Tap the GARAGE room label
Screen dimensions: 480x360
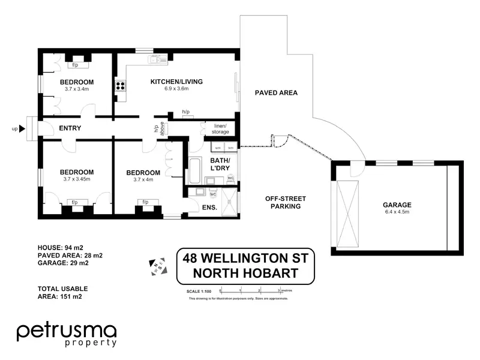397,205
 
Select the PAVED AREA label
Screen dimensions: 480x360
276,93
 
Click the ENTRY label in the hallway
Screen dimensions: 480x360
70,128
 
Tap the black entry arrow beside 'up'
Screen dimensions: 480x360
22,128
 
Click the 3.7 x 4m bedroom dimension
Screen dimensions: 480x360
143,179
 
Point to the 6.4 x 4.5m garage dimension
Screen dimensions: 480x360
397,212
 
